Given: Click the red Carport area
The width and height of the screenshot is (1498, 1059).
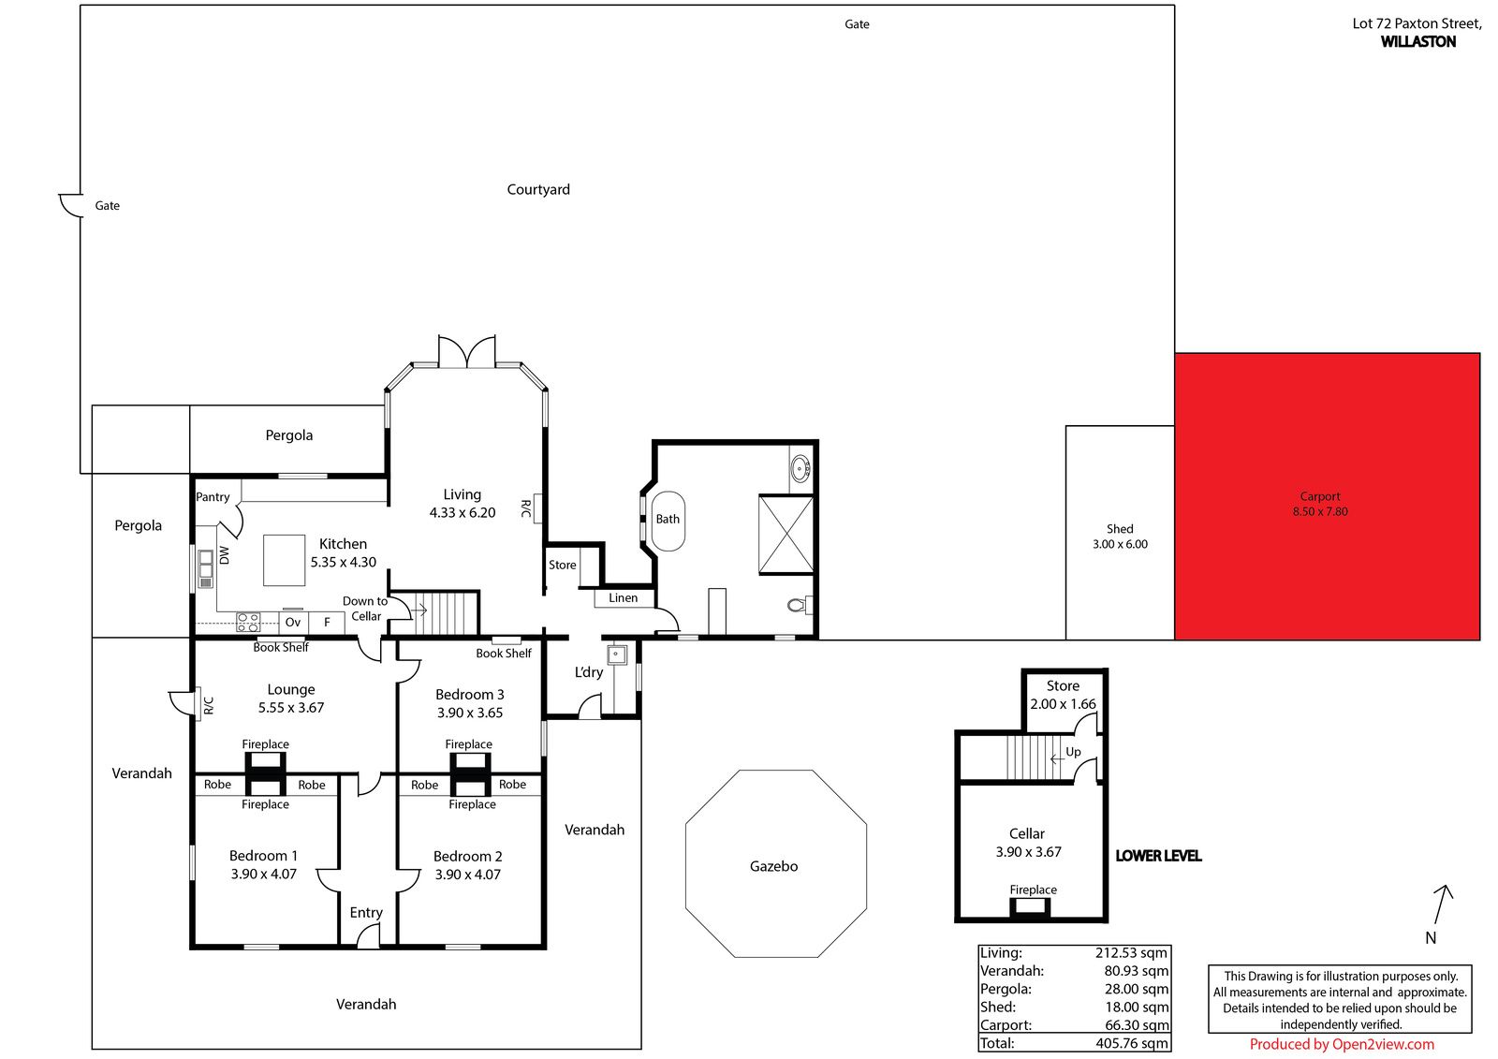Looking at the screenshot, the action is pyautogui.click(x=1327, y=496).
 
